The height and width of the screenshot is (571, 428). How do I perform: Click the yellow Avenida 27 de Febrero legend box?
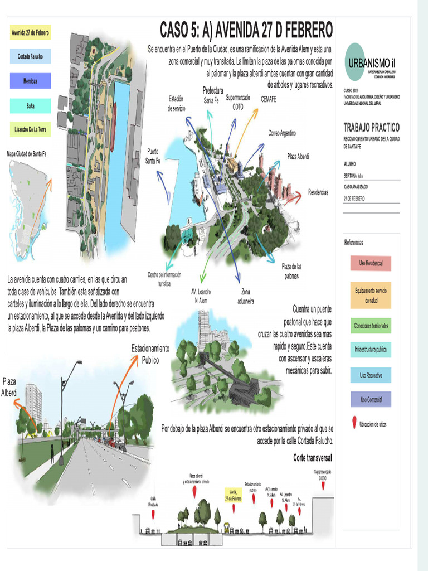[x=31, y=33]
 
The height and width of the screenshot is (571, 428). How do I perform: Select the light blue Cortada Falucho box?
[x=31, y=56]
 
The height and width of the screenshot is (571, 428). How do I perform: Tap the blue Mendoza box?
[x=31, y=81]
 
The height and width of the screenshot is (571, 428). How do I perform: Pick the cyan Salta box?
[x=31, y=105]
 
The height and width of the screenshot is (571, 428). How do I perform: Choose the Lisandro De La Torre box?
[x=31, y=130]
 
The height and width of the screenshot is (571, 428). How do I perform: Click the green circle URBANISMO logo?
[x=355, y=61]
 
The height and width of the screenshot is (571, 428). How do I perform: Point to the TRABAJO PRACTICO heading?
[x=371, y=128]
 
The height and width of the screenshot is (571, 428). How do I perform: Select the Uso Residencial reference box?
[x=371, y=263]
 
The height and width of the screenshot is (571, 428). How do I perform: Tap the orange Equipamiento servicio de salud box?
[x=371, y=295]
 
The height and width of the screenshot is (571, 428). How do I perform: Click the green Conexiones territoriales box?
[x=371, y=325]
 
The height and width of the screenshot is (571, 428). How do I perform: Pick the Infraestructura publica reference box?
[x=371, y=350]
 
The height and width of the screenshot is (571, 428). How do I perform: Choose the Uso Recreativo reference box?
[x=371, y=376]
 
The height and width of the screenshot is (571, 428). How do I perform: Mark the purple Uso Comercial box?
[x=371, y=399]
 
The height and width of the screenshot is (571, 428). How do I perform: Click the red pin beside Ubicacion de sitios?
[x=353, y=424]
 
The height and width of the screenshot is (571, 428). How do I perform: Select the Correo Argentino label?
[x=281, y=133]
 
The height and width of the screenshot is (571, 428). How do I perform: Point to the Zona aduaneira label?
[x=246, y=296]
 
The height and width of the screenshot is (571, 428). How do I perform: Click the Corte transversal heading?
[x=313, y=458]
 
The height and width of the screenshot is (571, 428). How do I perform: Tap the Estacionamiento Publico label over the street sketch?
[x=150, y=354]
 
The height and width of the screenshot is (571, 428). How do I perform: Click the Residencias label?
[x=318, y=192]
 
